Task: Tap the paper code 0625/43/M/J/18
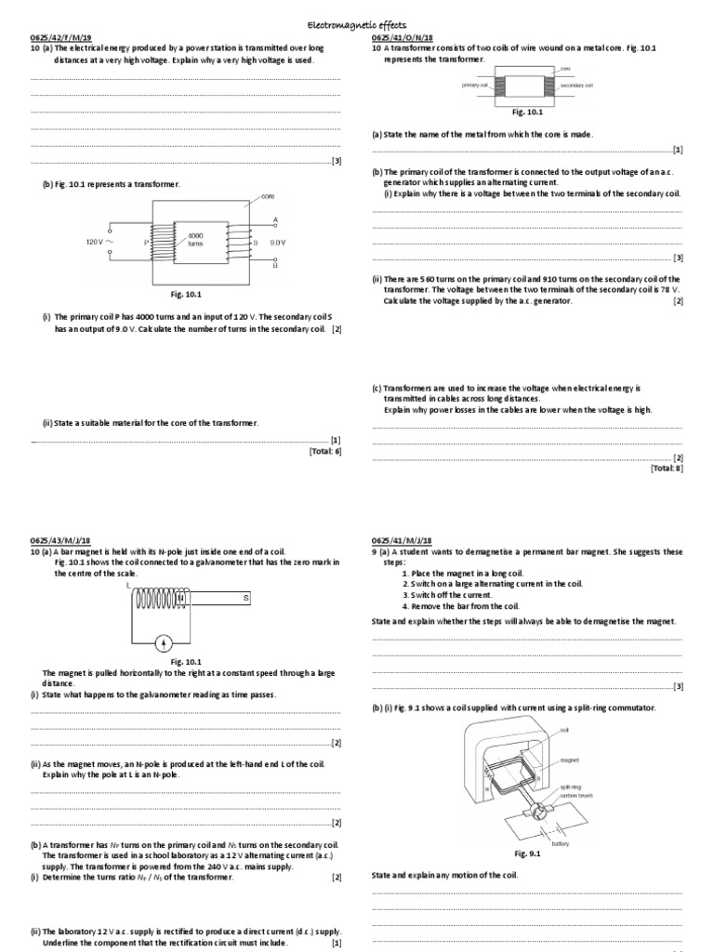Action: coord(59,540)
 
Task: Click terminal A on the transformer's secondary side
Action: coord(276,220)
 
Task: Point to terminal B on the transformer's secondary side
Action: coord(276,264)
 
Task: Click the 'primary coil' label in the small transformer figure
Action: coord(475,85)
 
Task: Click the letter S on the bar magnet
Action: coord(246,599)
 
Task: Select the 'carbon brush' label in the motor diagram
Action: coord(575,796)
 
